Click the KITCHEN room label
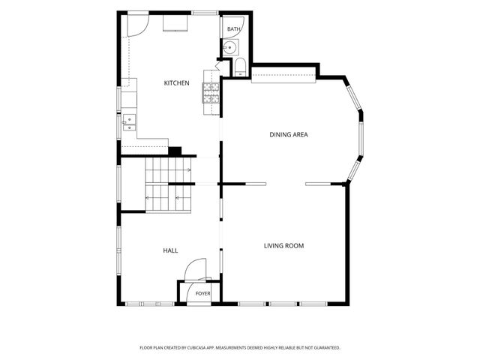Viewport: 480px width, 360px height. click(177, 83)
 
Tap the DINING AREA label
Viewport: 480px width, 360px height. click(289, 135)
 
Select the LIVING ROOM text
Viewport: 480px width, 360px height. click(283, 246)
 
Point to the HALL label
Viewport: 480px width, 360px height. click(170, 250)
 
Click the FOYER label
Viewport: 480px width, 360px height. click(203, 293)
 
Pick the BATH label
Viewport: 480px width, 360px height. click(233, 29)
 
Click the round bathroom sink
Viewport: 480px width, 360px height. click(229, 47)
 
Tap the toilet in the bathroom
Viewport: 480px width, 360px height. click(241, 67)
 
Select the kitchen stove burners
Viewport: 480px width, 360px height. click(211, 93)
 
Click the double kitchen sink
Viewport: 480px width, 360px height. click(129, 122)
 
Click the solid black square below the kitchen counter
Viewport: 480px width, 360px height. click(175, 151)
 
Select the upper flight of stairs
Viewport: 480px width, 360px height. click(168, 170)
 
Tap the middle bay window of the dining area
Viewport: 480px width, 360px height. click(361, 139)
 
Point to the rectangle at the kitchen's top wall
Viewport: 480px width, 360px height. click(175, 23)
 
